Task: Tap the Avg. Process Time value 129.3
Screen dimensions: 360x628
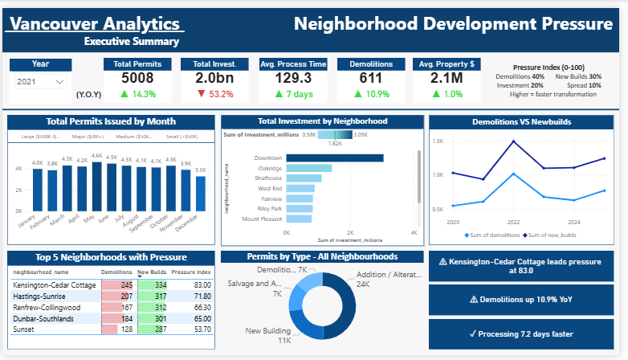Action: point(293,78)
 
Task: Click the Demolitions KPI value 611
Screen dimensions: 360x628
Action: point(370,78)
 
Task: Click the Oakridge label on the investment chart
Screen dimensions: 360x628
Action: point(269,168)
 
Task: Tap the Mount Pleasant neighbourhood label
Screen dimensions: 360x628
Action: point(262,219)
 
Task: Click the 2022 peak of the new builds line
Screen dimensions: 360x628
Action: point(513,141)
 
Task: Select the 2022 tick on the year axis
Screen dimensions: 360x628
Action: point(513,221)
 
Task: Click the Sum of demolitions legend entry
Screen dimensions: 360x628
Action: point(491,235)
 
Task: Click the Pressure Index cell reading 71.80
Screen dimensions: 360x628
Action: point(201,296)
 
